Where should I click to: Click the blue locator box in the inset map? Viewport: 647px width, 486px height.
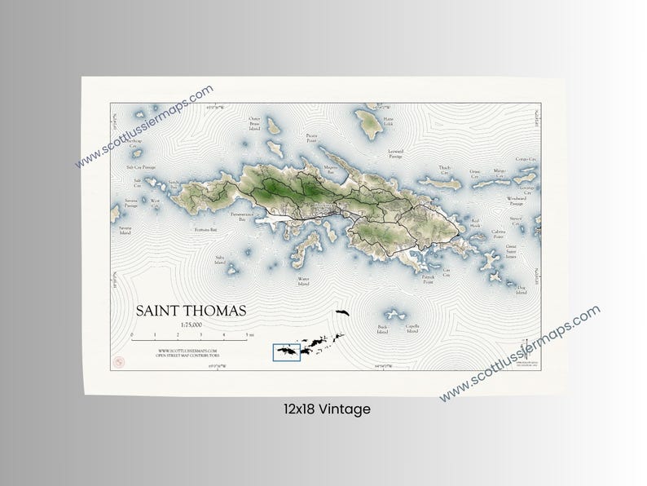pos(287,351)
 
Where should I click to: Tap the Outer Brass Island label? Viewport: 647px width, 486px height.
pos(254,123)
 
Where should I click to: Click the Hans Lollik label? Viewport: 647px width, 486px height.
pos(388,122)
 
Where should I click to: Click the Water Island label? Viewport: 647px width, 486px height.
pos(303,282)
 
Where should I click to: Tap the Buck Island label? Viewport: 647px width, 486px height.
pos(382,330)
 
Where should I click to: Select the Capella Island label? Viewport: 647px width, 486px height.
pos(412,329)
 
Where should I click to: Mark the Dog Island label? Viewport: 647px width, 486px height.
pos(521,288)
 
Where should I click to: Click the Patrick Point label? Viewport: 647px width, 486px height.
pos(427,278)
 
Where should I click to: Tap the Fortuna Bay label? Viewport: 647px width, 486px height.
pos(205,230)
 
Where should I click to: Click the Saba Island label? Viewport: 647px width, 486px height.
pos(219,259)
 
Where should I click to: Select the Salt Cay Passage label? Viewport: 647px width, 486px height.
pos(140,166)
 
